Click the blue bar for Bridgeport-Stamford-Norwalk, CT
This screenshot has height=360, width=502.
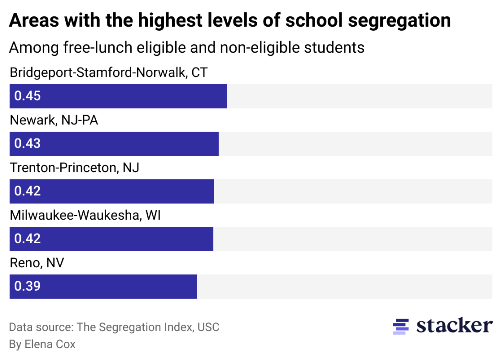[x=118, y=96]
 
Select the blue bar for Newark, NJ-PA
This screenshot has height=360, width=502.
[x=114, y=144]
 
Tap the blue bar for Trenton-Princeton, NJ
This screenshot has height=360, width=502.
[x=112, y=191]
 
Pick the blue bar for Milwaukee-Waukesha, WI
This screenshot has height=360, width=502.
[x=111, y=239]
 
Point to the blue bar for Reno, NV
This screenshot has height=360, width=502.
[x=103, y=286]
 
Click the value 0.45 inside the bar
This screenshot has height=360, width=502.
[x=27, y=96]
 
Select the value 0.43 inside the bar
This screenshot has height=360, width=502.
[x=27, y=144]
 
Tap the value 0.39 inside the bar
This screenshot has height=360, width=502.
[x=27, y=286]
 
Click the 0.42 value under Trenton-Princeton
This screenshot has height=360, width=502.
[x=27, y=191]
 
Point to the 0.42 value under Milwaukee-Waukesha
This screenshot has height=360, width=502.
[x=27, y=239]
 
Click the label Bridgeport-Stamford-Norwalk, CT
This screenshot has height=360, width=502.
[x=108, y=73]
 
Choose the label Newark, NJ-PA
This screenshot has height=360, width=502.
[x=54, y=121]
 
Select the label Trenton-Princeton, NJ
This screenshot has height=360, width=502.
[x=74, y=168]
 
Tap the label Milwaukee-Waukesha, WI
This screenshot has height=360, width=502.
[x=85, y=216]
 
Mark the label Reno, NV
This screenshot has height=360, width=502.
[x=37, y=263]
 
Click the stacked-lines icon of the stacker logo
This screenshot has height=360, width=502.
[x=401, y=326]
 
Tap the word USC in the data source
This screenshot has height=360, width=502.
[x=208, y=327]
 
